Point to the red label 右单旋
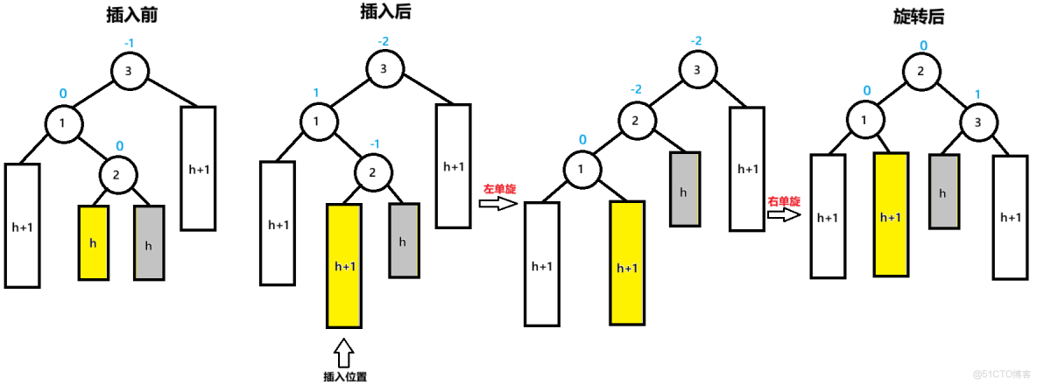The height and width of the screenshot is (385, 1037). tap(784, 200)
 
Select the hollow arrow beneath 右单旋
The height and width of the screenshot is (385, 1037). tap(785, 215)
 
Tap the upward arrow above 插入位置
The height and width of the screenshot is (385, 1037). tap(344, 352)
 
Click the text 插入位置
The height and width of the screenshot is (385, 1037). tap(344, 376)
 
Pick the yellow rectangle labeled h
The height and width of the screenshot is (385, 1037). tap(94, 243)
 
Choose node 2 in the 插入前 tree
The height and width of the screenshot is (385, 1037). tap(116, 174)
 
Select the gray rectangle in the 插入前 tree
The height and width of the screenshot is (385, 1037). tap(149, 243)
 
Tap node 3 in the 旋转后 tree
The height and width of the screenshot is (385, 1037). tap(978, 122)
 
